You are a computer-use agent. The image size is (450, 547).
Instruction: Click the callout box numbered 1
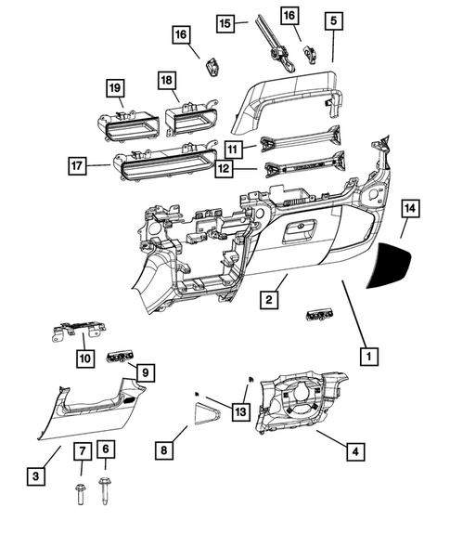point(368,355)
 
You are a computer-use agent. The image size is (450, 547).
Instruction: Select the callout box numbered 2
point(267,299)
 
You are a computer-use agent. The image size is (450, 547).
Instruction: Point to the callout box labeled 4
point(354,451)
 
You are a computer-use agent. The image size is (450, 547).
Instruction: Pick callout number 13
point(241,410)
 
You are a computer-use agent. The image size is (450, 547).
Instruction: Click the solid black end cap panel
point(394,266)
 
